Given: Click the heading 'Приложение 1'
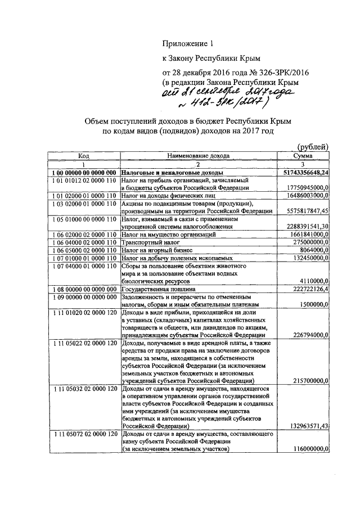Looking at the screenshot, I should (x=188, y=43).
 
